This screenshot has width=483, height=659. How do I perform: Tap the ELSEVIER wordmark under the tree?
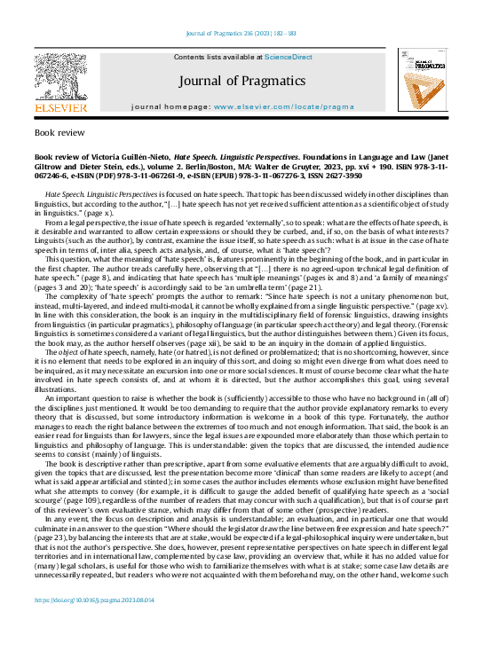pos(60,108)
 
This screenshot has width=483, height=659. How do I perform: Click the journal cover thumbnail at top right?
pos(423,82)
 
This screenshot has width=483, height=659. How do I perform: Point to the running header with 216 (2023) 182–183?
pos(241,34)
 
